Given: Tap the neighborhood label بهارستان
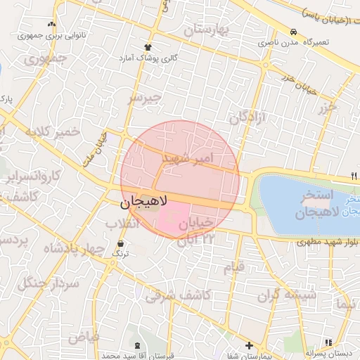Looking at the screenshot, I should click(x=207, y=30).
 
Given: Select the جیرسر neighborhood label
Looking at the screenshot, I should click(x=144, y=98).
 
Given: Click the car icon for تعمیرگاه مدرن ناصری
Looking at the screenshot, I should click(x=292, y=32).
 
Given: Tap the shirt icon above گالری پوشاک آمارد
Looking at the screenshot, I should click(x=148, y=46).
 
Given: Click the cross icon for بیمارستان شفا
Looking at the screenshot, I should click(x=249, y=345).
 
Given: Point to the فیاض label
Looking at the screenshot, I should click(x=83, y=337).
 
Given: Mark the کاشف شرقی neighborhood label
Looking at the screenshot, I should click(x=179, y=296).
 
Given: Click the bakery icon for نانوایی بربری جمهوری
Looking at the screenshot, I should click(x=51, y=24).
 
